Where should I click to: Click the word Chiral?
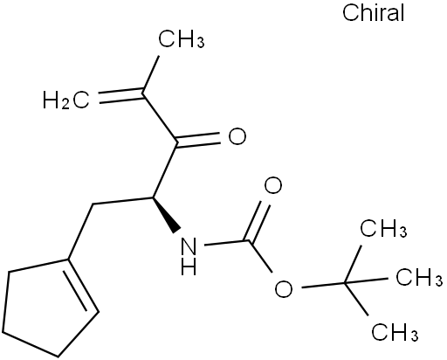[374, 13]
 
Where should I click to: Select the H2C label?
[66, 100]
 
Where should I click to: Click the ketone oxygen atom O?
[237, 136]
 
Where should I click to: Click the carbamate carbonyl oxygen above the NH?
[273, 185]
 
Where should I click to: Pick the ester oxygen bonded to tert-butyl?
[284, 288]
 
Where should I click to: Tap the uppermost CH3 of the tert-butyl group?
[383, 227]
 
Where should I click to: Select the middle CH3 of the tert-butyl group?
[419, 277]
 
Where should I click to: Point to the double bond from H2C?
[121, 96]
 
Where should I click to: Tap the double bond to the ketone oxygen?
[198, 140]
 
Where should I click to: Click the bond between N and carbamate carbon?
[227, 242]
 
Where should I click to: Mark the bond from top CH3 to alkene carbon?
[150, 74]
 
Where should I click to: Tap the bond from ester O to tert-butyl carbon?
[323, 285]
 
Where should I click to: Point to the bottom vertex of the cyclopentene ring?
[58, 357]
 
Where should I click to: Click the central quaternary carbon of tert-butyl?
[345, 282]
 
